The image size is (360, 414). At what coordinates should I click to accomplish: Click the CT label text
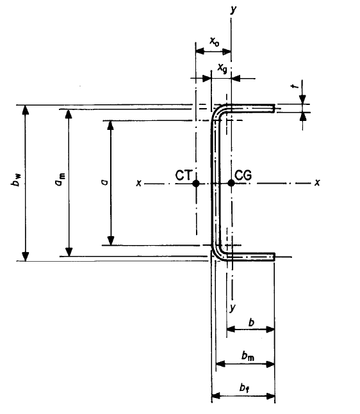(184, 175)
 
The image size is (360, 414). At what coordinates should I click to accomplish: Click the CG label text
(243, 175)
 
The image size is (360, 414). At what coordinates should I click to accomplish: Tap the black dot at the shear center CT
(196, 183)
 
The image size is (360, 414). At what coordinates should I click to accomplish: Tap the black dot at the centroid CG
(231, 183)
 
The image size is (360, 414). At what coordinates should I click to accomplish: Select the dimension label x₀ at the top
(215, 42)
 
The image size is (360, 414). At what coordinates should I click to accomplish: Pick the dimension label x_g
(222, 68)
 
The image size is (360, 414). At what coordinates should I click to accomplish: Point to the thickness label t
(295, 86)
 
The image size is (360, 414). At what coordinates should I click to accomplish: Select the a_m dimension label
(60, 179)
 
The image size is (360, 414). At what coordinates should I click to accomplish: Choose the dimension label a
(104, 182)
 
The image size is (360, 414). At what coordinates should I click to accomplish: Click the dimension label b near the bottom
(252, 322)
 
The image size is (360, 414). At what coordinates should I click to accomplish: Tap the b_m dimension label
(248, 356)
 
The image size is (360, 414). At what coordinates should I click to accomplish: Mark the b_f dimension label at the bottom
(245, 388)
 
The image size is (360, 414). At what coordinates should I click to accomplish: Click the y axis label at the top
(233, 10)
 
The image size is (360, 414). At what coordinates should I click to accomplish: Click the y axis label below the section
(233, 308)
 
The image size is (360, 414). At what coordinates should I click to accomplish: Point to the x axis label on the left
(138, 183)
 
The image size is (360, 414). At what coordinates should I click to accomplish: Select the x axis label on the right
(317, 182)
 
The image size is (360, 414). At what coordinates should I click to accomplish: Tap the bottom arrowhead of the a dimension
(111, 241)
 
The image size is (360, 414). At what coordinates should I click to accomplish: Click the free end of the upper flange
(274, 109)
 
